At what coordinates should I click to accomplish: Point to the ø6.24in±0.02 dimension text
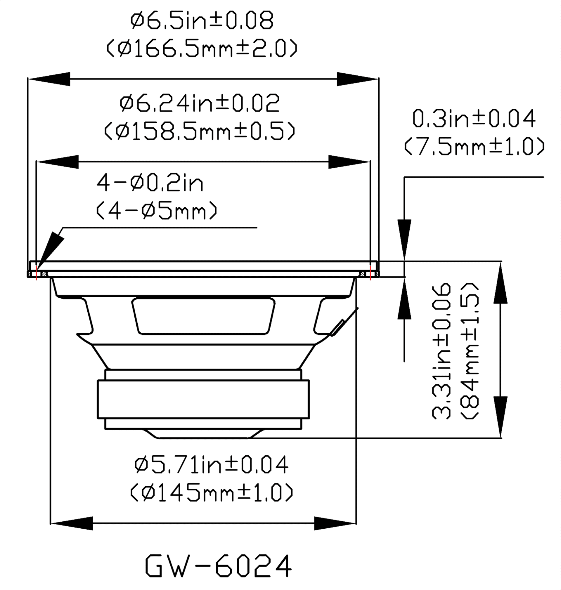point(200,103)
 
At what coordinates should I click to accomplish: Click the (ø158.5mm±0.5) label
point(200,131)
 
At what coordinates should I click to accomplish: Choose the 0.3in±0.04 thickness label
point(474,118)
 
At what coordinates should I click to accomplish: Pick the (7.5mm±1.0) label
point(474,146)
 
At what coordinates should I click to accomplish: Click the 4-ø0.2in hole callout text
point(150,183)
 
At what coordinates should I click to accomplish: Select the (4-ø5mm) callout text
point(156,210)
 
